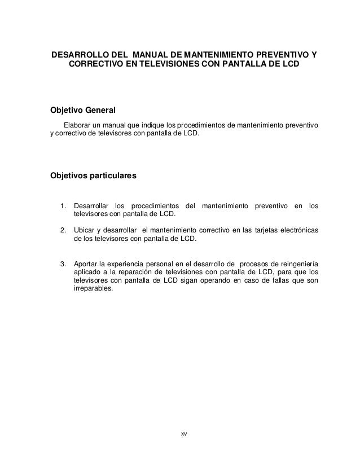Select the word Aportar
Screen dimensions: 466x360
[86, 264]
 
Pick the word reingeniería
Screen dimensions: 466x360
[297, 264]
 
